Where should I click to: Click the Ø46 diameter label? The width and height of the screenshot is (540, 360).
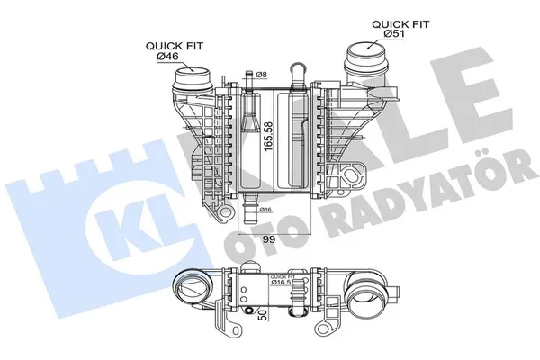pos(168,57)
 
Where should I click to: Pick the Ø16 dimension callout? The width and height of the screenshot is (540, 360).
pos(265,210)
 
